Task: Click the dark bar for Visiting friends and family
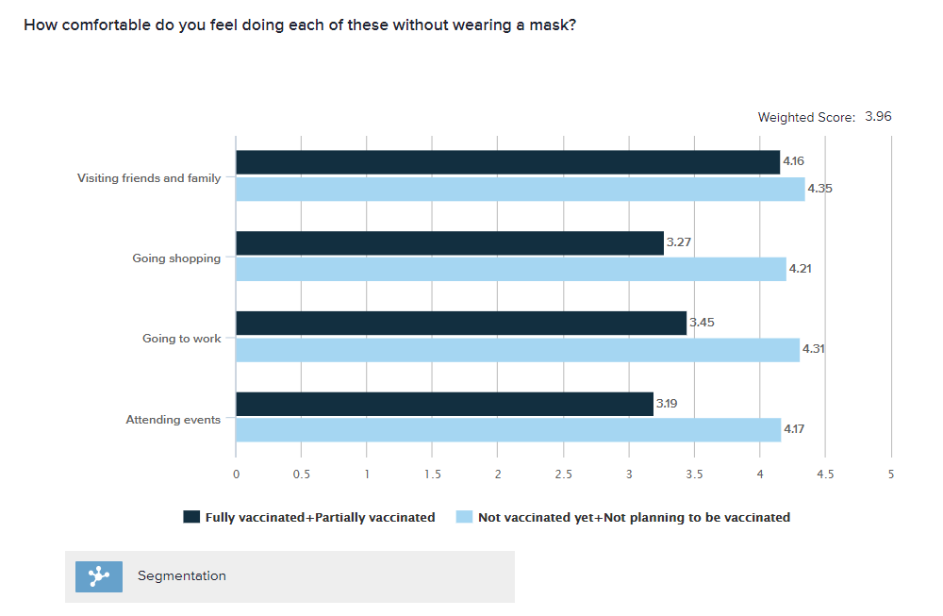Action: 507,162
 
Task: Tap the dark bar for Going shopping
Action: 449,243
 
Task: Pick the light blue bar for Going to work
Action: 517,350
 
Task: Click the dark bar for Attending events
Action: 444,404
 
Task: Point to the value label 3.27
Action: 679,242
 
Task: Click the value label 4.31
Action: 814,349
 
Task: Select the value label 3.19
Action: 666,404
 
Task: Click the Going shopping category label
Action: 176,258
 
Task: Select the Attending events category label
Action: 174,420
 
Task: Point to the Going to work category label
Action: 182,339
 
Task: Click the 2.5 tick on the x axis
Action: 563,474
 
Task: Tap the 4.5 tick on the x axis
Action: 825,474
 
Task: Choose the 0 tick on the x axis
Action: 236,474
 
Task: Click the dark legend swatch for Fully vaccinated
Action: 191,517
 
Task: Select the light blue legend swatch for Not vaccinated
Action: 464,517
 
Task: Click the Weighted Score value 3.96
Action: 878,117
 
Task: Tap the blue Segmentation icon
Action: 99,575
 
